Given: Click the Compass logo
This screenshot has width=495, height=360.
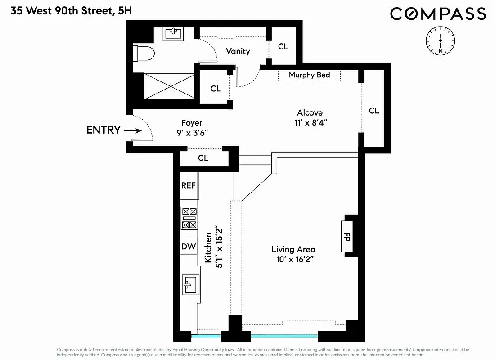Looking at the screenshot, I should tap(438, 13).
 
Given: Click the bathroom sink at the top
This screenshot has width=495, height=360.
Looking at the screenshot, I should tap(174, 33).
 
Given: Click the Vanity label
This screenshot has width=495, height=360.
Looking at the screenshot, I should tap(238, 51).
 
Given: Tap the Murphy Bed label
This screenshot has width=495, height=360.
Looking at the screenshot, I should tap(309, 75).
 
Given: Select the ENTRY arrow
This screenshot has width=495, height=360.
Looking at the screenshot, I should tap(133, 130).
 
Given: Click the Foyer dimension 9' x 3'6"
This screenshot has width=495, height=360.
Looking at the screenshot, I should tap(192, 133).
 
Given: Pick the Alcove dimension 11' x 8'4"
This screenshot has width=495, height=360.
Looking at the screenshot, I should tap(310, 123).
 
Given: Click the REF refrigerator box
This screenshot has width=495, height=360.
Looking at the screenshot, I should tap(188, 185).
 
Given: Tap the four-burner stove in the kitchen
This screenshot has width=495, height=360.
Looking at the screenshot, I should tap(189, 218).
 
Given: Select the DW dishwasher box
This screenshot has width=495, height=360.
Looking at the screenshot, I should tap(189, 246).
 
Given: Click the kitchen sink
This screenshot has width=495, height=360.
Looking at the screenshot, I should tap(189, 283).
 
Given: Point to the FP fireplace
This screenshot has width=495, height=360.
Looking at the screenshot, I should tap(347, 236).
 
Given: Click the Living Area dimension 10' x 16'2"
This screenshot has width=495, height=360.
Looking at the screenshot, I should tap(293, 260).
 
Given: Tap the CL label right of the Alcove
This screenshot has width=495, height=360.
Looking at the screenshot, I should tap(374, 111).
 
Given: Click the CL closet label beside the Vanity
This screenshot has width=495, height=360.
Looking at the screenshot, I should tap(283, 46).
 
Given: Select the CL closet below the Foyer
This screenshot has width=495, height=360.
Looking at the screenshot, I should tap(203, 158).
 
